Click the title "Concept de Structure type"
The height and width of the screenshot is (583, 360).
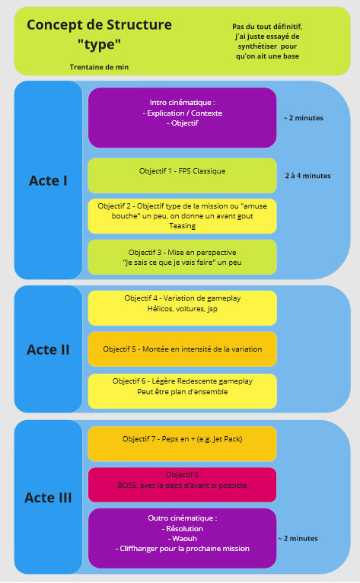click(99, 34)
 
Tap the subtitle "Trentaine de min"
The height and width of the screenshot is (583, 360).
click(99, 67)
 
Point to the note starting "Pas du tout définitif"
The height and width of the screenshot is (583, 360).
click(267, 41)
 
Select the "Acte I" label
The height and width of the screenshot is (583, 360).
click(49, 180)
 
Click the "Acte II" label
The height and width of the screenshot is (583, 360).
click(49, 349)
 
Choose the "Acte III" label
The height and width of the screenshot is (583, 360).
click(49, 498)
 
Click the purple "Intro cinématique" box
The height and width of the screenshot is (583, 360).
click(182, 117)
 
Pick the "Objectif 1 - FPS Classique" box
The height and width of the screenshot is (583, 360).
click(182, 176)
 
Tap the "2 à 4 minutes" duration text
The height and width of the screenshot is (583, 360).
click(308, 176)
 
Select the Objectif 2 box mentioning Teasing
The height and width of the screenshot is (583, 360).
click(182, 216)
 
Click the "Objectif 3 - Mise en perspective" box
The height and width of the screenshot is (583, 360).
click(182, 257)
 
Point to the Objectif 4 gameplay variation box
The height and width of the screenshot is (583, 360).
click(182, 307)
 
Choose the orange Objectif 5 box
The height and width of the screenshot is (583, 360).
click(182, 349)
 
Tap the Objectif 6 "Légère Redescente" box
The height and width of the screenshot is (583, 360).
click(182, 391)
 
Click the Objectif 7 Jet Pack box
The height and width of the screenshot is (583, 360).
click(182, 444)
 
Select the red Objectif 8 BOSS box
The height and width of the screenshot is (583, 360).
click(182, 485)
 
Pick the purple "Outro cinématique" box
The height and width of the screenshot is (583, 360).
click(182, 538)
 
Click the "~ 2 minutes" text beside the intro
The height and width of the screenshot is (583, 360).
click(304, 118)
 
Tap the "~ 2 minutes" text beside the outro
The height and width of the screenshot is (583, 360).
click(298, 538)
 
